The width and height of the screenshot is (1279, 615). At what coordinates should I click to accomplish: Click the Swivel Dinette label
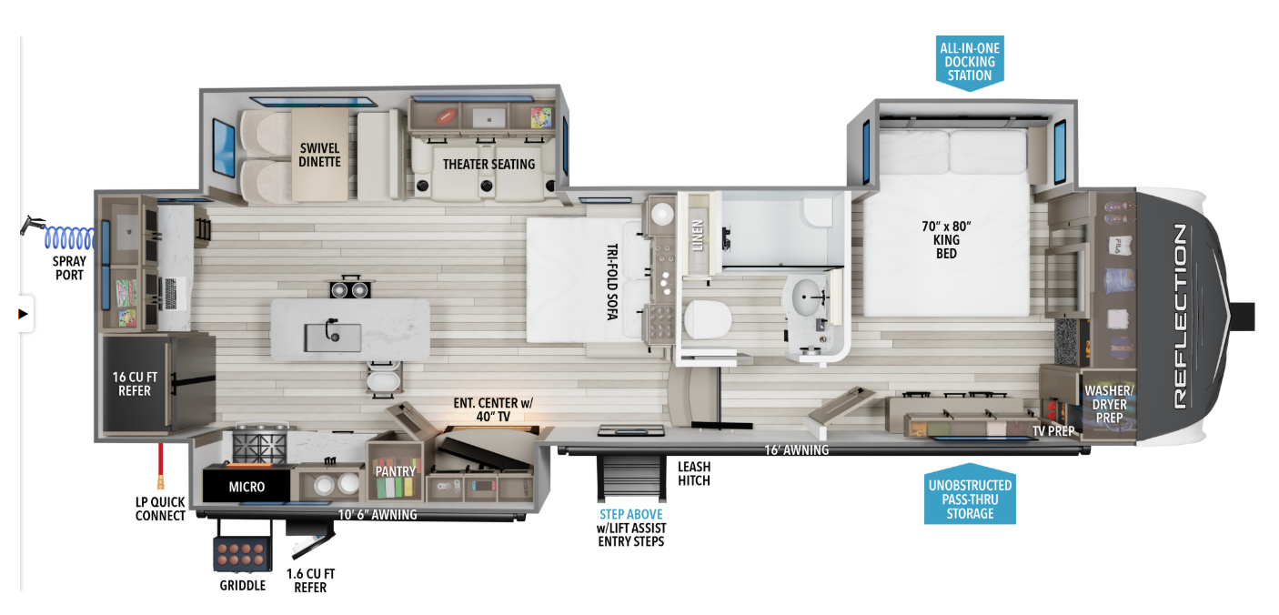(x=320, y=155)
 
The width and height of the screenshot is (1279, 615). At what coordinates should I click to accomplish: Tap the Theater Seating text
(x=488, y=165)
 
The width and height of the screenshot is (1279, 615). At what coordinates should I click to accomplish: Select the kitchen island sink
(x=333, y=337)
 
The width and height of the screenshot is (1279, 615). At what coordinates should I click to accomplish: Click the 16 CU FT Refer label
(x=135, y=384)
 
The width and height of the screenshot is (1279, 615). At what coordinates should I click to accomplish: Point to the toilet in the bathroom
(x=708, y=319)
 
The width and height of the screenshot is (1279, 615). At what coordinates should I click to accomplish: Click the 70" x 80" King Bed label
(x=946, y=240)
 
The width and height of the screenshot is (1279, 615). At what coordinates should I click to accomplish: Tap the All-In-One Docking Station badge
(x=970, y=62)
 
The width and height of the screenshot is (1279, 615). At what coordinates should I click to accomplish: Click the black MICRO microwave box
(x=247, y=486)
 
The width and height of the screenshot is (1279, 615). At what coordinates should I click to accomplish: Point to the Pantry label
(x=395, y=471)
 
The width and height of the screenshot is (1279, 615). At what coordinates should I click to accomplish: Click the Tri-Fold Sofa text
(x=612, y=281)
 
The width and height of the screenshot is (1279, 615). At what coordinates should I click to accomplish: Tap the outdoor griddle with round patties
(x=243, y=554)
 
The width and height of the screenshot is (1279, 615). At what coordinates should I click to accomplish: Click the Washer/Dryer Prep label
(x=1109, y=404)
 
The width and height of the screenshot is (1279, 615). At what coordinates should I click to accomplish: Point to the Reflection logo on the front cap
(x=1180, y=317)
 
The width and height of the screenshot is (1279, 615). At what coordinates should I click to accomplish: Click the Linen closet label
(x=697, y=236)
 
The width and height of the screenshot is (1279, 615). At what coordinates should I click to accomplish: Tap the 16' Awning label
(x=797, y=450)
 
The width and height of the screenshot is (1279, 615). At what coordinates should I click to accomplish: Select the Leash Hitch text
(x=694, y=474)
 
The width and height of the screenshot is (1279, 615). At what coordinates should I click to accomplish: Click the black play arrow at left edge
(x=23, y=314)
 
